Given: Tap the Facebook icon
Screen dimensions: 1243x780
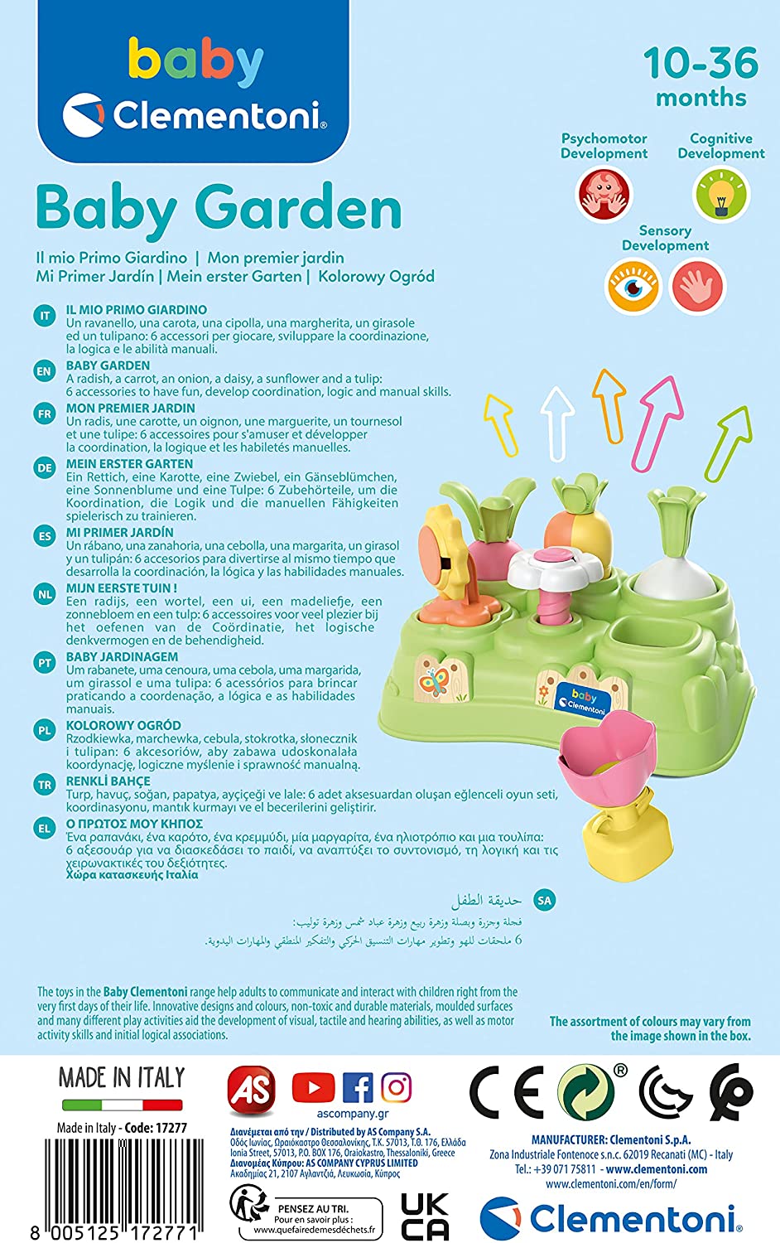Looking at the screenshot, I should (357, 1087).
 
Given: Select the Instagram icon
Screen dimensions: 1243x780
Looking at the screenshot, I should (397, 1087).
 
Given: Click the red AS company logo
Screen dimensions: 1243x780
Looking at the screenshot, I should (252, 1088).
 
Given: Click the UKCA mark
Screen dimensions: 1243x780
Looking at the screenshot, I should (425, 1216).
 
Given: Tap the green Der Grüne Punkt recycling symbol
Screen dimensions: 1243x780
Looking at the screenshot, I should (585, 1092).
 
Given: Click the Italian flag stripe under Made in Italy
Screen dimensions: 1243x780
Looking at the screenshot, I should (122, 1105).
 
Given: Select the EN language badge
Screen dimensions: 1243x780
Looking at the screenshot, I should (45, 372).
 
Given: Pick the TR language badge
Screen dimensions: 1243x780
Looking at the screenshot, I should (45, 785).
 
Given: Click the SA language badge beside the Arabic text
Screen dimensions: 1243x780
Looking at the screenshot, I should (544, 900).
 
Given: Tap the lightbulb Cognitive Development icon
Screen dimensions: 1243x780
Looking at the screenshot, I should (721, 194).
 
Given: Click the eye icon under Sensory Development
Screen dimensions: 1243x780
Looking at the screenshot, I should (633, 287).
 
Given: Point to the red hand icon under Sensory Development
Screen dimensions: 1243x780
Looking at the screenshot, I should (697, 287).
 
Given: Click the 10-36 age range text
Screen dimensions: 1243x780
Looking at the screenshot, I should (701, 63).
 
